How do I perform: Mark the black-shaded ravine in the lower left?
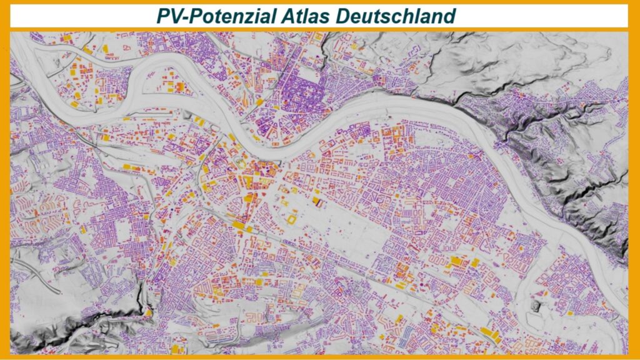[x=94, y=319]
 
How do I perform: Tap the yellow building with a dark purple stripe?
[x=318, y=202]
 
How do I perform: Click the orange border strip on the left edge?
[x=4, y=187]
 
